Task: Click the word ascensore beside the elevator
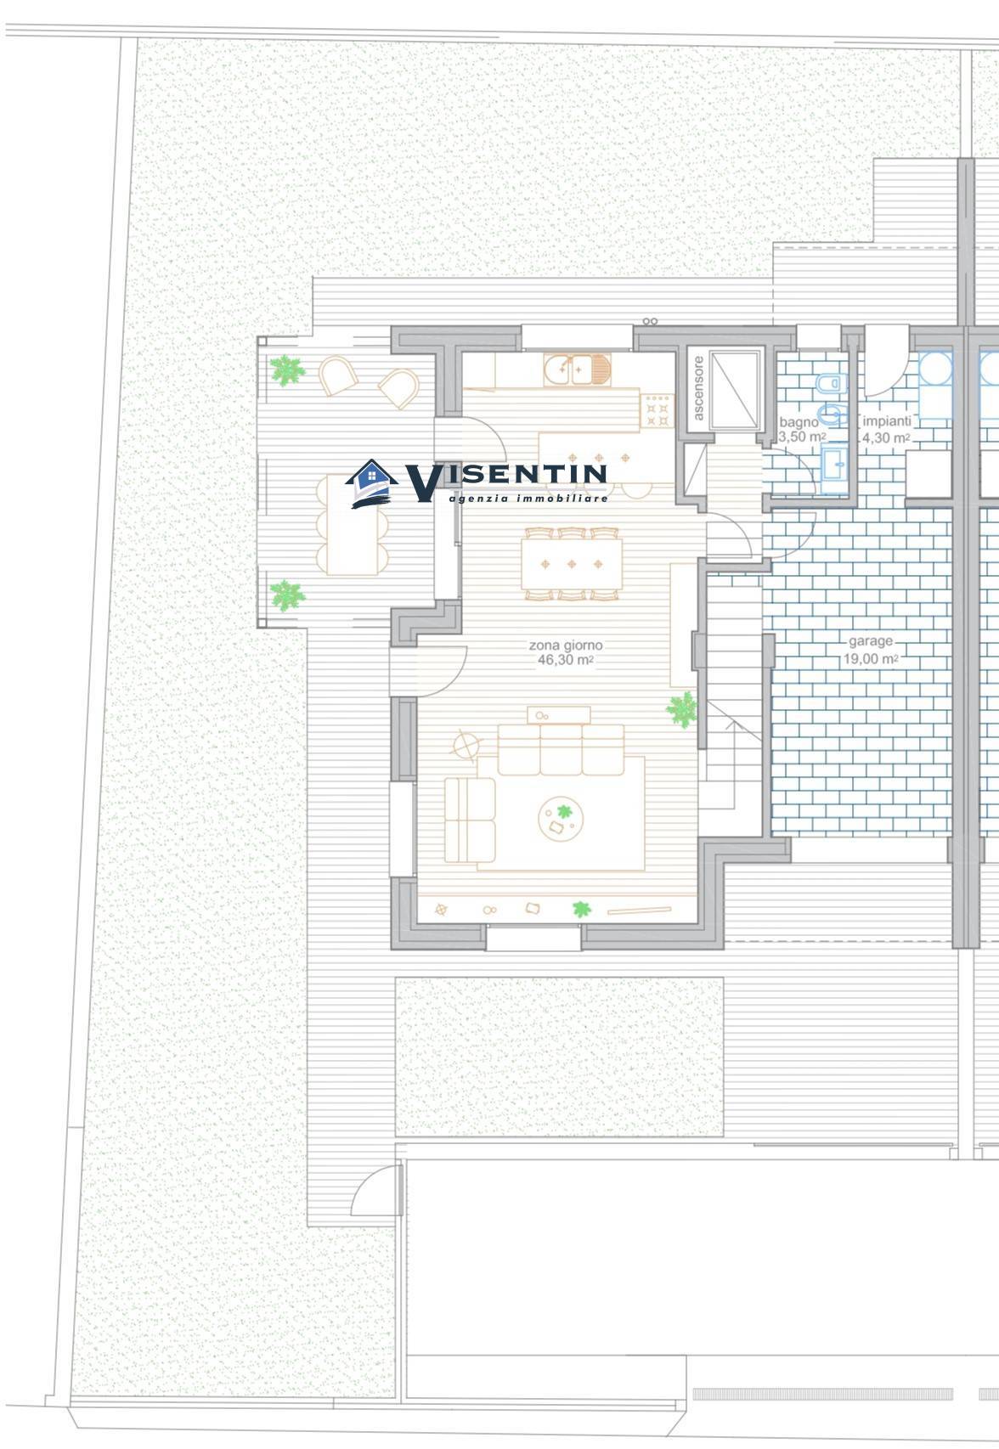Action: pyautogui.click(x=698, y=388)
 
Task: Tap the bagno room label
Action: pyautogui.click(x=799, y=422)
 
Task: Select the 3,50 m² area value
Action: pyautogui.click(x=802, y=437)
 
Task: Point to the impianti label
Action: pyautogui.click(x=886, y=421)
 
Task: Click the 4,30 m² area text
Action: pyautogui.click(x=886, y=438)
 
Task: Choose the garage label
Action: pyautogui.click(x=870, y=642)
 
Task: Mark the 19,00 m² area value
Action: pyautogui.click(x=870, y=659)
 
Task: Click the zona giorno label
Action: pyautogui.click(x=566, y=645)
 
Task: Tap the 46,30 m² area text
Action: pyautogui.click(x=566, y=660)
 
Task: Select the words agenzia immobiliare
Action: pyautogui.click(x=528, y=498)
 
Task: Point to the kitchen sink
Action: pyautogui.click(x=577, y=369)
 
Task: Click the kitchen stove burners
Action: pyautogui.click(x=657, y=411)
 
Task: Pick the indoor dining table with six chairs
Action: pyautogui.click(x=572, y=564)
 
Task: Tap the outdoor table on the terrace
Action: pyautogui.click(x=353, y=525)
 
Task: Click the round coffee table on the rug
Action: pyautogui.click(x=561, y=819)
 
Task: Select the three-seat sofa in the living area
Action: pyautogui.click(x=561, y=749)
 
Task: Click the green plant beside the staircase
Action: pyautogui.click(x=682, y=709)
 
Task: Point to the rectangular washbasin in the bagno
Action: pyautogui.click(x=835, y=465)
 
